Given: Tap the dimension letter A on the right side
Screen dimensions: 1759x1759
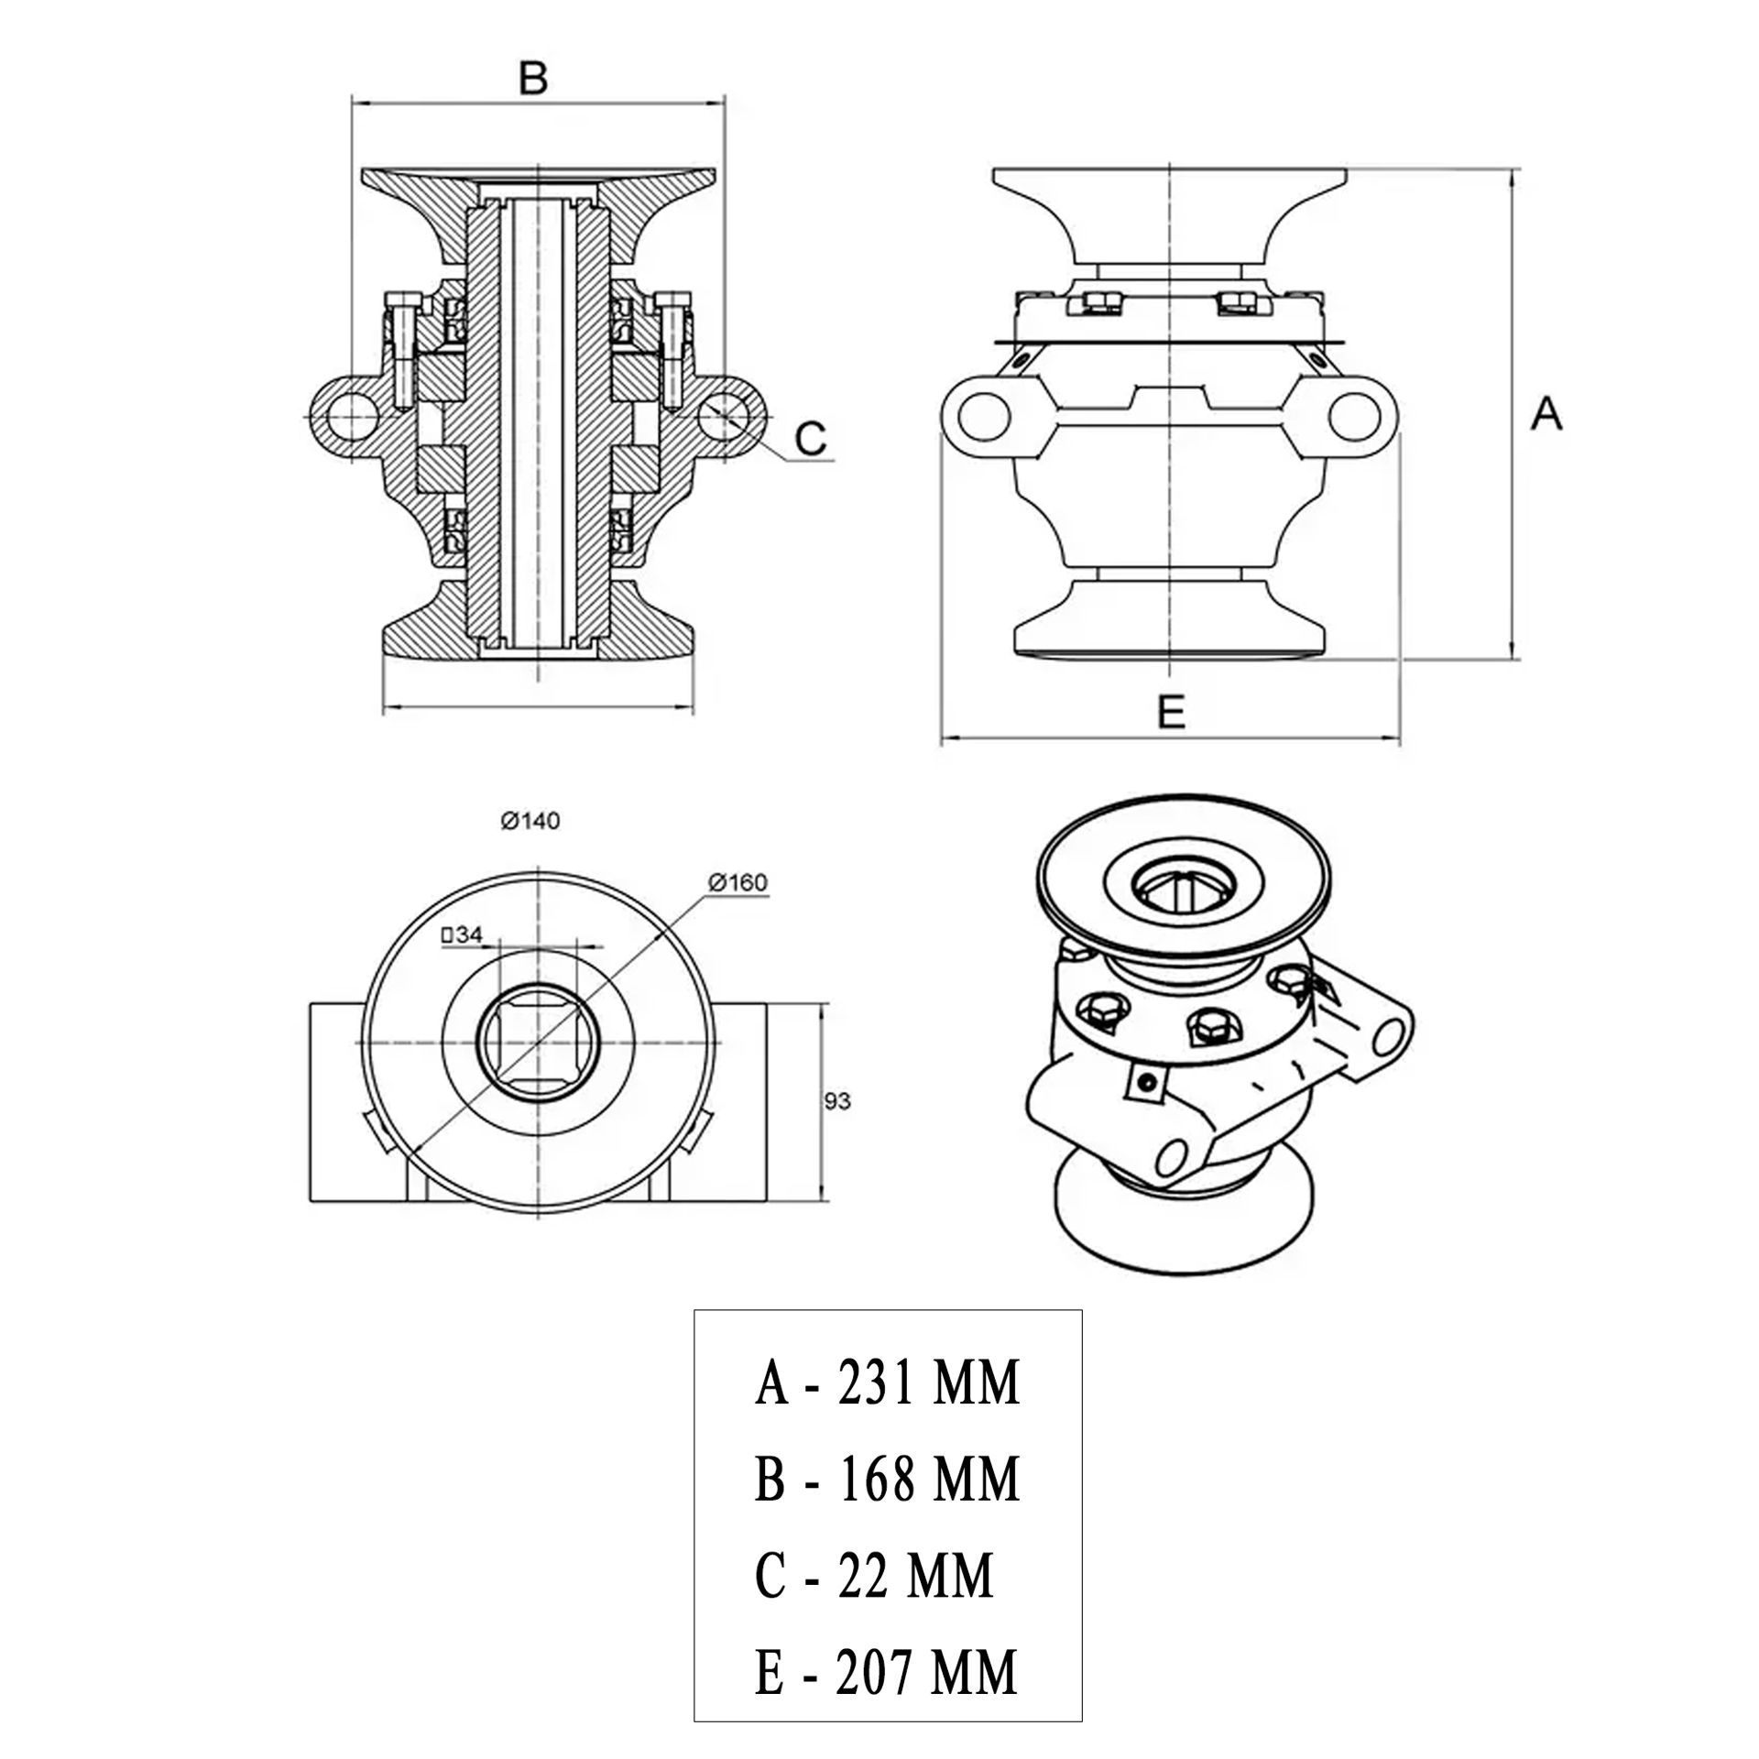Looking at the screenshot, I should pyautogui.click(x=1546, y=414).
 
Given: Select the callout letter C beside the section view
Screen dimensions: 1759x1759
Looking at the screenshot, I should pyautogui.click(x=811, y=439).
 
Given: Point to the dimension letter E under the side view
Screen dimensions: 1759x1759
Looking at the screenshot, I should pyautogui.click(x=1171, y=712).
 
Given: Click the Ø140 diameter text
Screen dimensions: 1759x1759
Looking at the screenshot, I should pyautogui.click(x=530, y=821).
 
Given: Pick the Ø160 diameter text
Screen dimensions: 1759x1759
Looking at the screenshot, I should pyautogui.click(x=737, y=882).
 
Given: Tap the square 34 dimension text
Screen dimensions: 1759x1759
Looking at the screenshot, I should pyautogui.click(x=462, y=935).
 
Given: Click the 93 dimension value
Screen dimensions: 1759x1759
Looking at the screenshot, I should pyautogui.click(x=837, y=1100).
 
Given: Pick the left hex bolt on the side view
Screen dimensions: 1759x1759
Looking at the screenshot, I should pyautogui.click(x=1098, y=303).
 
